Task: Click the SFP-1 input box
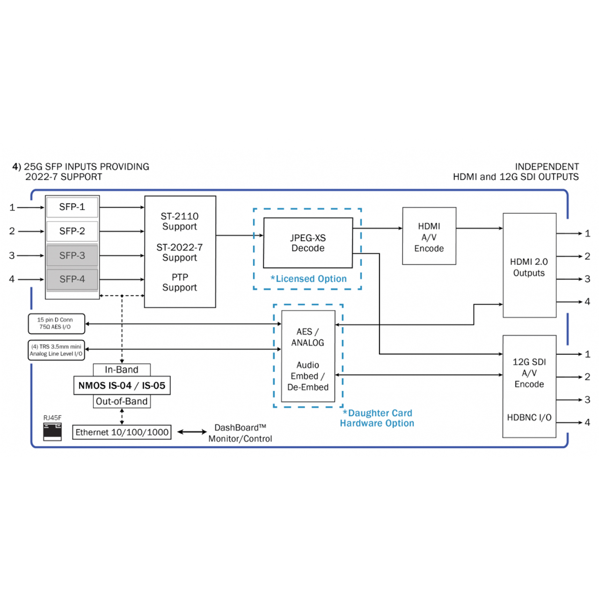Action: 72,207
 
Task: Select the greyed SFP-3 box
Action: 72,256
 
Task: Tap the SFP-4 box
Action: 72,279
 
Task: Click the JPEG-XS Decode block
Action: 308,243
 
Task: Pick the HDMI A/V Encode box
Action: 429,237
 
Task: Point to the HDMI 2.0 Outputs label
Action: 529,267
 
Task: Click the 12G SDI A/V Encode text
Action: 529,373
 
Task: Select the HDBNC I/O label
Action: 529,417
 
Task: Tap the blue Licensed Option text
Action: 309,279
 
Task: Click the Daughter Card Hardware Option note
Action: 377,418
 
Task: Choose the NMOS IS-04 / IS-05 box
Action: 122,386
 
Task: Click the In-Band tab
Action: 122,370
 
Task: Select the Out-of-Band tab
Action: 122,402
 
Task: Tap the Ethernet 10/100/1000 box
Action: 122,432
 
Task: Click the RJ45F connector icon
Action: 52,431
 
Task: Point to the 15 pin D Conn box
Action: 56,323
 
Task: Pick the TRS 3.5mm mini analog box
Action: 56,350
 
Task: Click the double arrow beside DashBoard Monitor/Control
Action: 192,432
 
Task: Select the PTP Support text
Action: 180,282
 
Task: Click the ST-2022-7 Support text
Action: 180,252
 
